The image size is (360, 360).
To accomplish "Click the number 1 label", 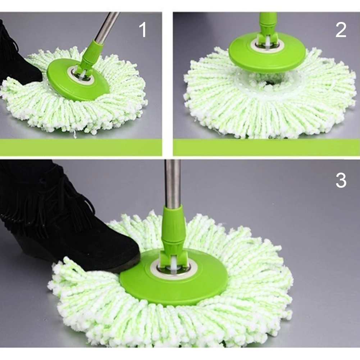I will (143, 29).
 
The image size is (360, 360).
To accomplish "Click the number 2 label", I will (341, 29).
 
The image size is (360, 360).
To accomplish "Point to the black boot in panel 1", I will (14, 58).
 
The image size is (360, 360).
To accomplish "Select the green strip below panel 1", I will (81, 147).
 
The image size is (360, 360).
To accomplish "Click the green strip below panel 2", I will (266, 147).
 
